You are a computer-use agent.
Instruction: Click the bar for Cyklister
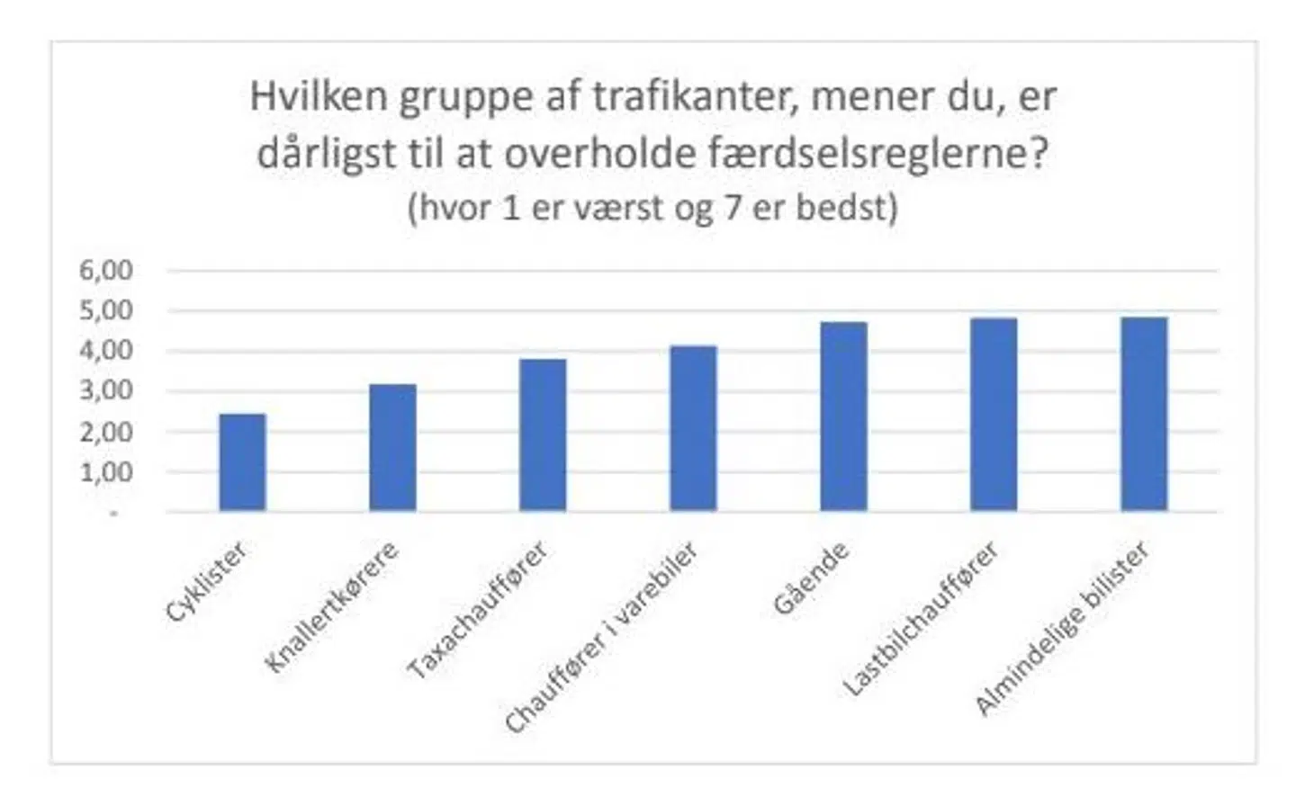pos(242,462)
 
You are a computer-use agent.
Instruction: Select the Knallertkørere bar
pos(392,448)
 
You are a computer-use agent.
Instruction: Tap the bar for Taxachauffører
pos(543,435)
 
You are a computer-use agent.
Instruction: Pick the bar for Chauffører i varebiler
pos(693,429)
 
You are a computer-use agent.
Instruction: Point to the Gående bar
pos(843,416)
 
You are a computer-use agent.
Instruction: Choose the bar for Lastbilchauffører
pos(994,415)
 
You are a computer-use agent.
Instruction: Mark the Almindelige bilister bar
pos(1144,414)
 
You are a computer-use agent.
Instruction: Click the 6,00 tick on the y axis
pos(106,270)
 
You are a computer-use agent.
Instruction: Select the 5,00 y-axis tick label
pos(106,310)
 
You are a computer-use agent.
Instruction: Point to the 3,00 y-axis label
pos(106,390)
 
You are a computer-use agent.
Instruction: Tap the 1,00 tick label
pos(106,471)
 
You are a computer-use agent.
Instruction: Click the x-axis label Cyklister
pos(206,582)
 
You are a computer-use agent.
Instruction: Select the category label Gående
pos(811,578)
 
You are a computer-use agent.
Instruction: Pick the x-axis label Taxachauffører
pos(477,610)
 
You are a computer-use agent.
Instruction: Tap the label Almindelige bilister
pos(1062,628)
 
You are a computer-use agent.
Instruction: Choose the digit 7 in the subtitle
pos(733,208)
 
